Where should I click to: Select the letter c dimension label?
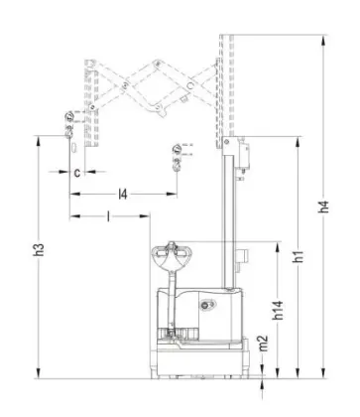[76, 171]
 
